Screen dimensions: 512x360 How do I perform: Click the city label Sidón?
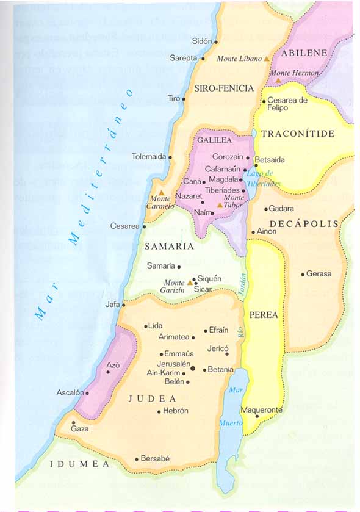tap(201, 41)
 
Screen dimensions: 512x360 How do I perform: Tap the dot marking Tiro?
tap(184, 98)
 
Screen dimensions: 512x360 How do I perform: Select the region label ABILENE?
tap(304, 52)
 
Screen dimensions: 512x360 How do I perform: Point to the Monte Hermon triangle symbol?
tap(278, 80)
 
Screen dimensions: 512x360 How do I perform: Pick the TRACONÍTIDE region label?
tap(298, 133)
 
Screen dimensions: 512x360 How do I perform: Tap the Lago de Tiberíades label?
tap(264, 179)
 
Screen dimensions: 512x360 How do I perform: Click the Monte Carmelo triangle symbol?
tap(162, 193)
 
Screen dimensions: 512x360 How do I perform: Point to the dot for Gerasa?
tap(303, 275)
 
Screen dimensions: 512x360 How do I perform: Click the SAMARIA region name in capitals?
tap(169, 247)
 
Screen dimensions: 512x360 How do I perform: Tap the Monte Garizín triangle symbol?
tap(190, 283)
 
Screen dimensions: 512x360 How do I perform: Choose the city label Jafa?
tap(112, 304)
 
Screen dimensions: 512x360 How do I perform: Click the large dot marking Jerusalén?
tap(193, 368)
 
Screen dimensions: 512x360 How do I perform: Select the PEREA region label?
tap(264, 315)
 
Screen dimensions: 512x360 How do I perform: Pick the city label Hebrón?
tap(176, 411)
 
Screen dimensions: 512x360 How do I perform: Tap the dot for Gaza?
tap(73, 422)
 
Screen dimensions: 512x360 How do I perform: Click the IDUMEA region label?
tap(79, 464)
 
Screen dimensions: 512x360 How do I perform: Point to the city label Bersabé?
tap(155, 458)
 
